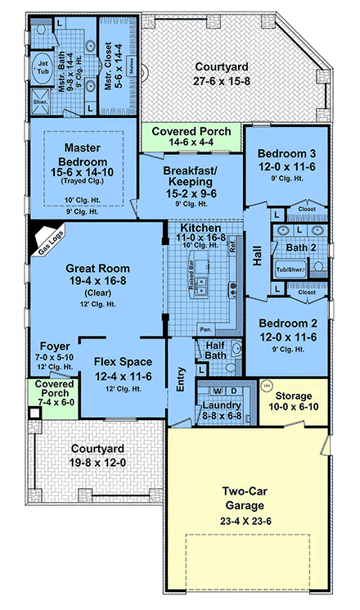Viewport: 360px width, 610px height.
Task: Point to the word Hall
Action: pos(257,256)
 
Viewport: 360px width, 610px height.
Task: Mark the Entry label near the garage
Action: pos(182,386)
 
